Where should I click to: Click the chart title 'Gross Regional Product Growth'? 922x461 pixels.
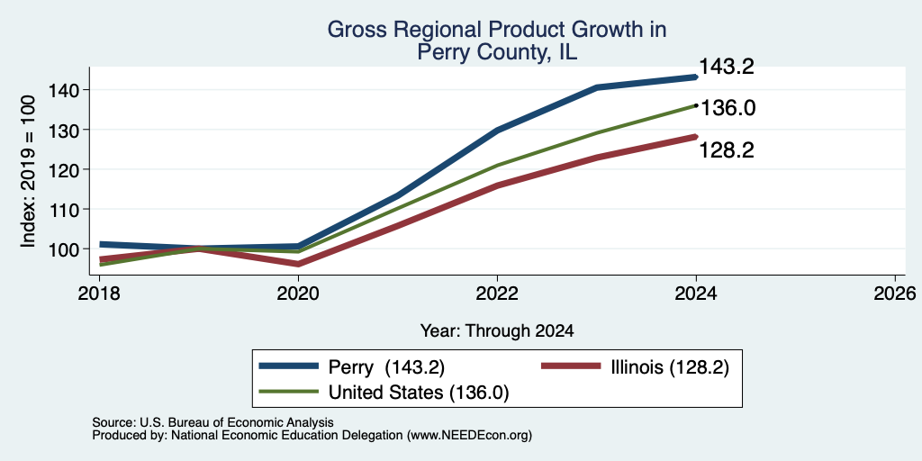click(x=497, y=30)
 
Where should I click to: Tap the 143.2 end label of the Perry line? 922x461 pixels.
click(x=727, y=67)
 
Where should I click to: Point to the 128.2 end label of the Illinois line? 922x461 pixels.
click(x=727, y=150)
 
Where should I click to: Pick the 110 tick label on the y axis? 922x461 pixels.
click(x=62, y=209)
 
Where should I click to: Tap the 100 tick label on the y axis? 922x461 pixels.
click(x=62, y=249)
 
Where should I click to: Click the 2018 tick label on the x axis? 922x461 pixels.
click(x=99, y=294)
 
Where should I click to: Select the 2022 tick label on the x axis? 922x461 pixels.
click(x=497, y=294)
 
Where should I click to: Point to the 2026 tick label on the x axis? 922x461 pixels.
click(x=895, y=294)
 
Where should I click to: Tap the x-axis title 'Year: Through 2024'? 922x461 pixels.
click(x=497, y=331)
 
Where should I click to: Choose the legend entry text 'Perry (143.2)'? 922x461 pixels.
click(x=386, y=367)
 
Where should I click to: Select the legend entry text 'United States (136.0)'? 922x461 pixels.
click(x=418, y=393)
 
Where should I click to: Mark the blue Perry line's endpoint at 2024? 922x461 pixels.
click(x=696, y=77)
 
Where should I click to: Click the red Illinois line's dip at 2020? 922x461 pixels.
click(x=298, y=264)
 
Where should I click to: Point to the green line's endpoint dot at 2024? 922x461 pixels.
click(x=696, y=105)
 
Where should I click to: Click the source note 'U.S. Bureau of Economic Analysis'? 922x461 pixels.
click(x=237, y=422)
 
